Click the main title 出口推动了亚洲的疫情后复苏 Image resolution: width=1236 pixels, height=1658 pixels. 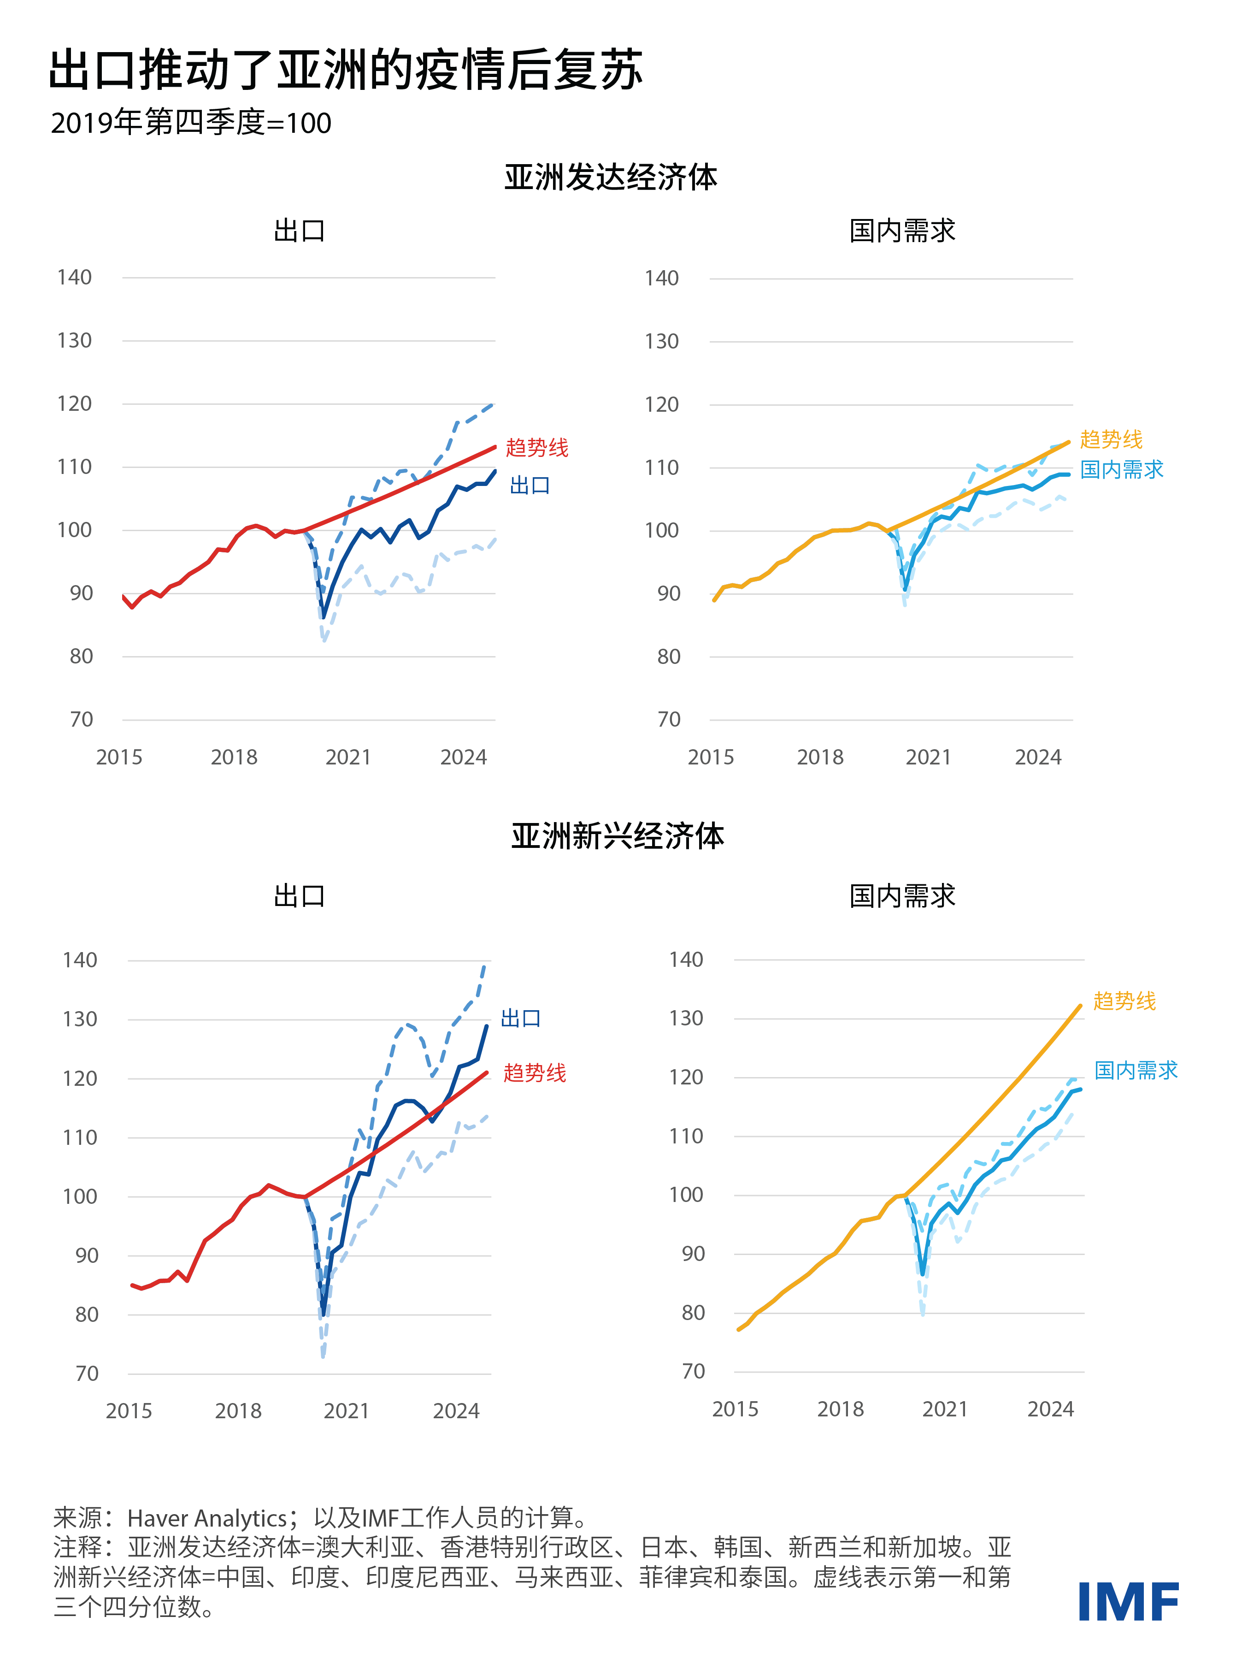point(346,71)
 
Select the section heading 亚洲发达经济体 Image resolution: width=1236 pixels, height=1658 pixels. point(611,178)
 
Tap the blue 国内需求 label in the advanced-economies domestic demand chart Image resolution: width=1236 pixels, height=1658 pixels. point(1122,469)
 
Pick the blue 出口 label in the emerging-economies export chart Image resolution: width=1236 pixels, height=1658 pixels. point(521,1018)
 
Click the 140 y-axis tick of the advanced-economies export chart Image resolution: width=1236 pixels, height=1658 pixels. point(74,278)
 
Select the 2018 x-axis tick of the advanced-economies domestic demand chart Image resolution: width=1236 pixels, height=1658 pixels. point(819,758)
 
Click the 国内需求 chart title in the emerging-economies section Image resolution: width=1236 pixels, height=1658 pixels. point(902,896)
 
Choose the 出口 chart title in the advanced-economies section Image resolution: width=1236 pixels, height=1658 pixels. point(299,231)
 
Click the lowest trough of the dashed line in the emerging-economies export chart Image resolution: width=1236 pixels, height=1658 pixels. point(323,1355)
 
